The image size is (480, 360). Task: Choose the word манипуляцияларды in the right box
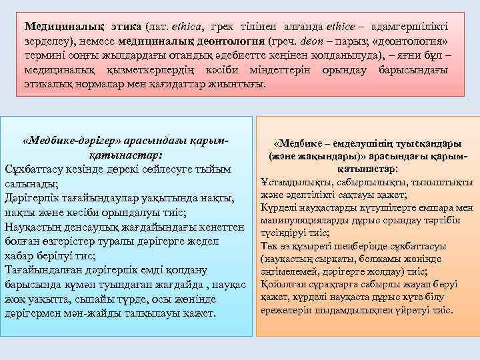point(301,219)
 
